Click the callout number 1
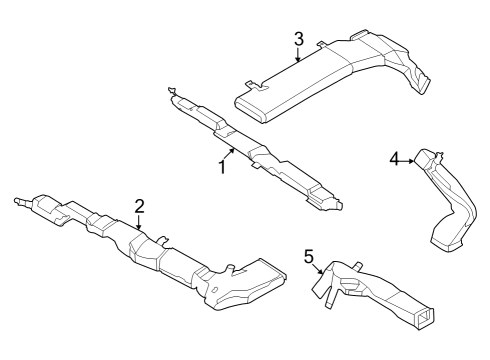[222, 167]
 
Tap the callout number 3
[298, 39]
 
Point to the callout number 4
[394, 158]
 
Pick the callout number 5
[308, 258]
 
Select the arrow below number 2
[140, 225]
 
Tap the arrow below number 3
[298, 57]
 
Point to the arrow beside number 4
[410, 159]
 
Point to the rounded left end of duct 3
[241, 96]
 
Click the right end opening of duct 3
[429, 83]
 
